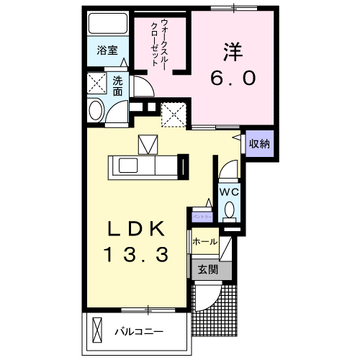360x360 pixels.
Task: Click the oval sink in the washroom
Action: coord(96,112)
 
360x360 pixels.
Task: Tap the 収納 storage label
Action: coord(258,143)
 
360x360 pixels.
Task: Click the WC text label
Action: coord(228,192)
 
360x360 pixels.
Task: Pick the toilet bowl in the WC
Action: coord(229,210)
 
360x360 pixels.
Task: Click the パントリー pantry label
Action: coord(202,216)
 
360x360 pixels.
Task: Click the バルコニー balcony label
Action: coord(139,332)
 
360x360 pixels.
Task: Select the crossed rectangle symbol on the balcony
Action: coord(99,331)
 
